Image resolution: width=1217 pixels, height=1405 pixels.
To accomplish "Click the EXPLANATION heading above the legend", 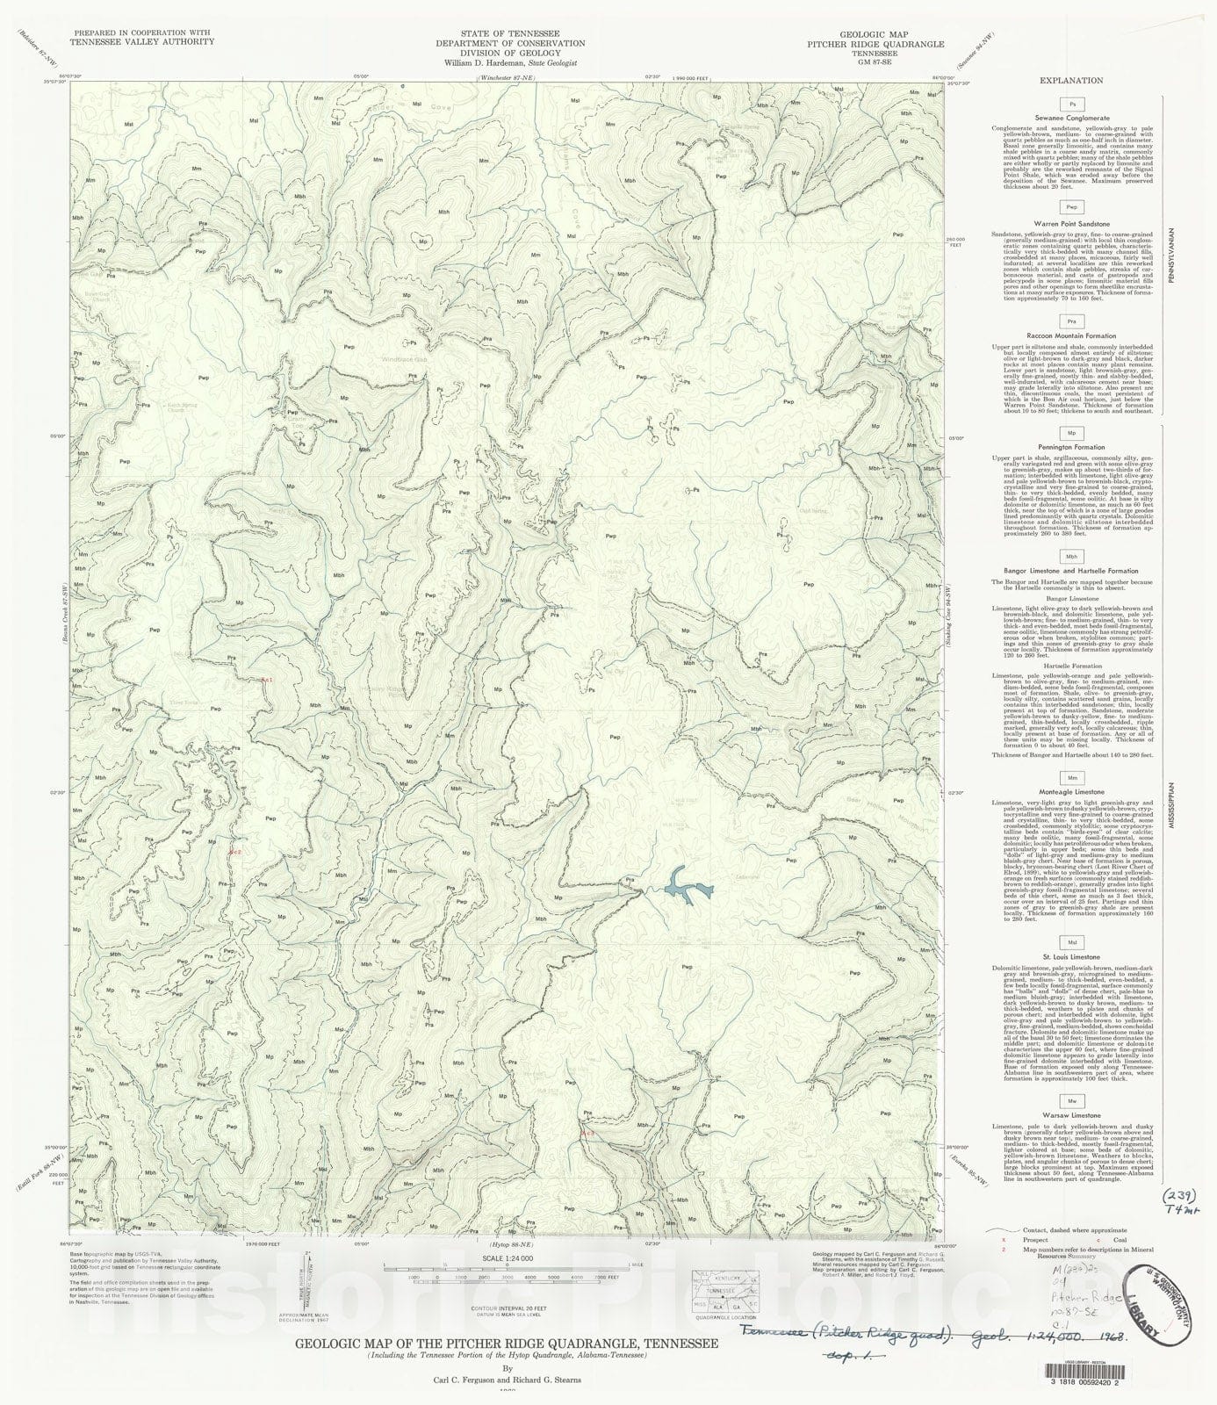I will coord(1071,80).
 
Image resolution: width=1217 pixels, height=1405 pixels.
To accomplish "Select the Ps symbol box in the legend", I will coord(1071,104).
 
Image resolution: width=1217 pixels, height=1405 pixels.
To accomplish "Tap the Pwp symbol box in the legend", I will coord(1071,208).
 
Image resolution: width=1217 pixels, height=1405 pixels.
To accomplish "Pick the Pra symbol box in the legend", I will coord(1071,322).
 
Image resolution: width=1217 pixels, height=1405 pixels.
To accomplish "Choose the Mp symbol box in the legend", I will coord(1071,434).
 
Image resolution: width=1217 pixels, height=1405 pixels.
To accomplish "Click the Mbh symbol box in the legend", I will coord(1071,557).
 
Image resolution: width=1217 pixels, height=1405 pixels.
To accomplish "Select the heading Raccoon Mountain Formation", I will coord(1071,336).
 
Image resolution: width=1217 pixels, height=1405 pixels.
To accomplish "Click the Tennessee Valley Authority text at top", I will coord(143,41).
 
